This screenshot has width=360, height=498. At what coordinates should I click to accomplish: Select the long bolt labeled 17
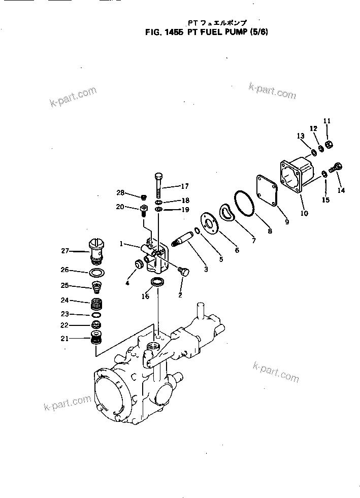158,186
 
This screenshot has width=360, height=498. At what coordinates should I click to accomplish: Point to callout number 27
65,250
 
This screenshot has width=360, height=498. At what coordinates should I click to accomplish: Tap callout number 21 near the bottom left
65,338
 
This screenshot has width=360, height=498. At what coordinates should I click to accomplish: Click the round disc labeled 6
208,221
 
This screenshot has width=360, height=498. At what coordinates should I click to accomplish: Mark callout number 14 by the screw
341,191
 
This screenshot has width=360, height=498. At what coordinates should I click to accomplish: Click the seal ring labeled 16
157,282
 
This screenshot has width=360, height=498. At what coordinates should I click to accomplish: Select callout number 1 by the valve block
122,244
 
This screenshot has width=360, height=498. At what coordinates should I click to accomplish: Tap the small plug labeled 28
143,197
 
